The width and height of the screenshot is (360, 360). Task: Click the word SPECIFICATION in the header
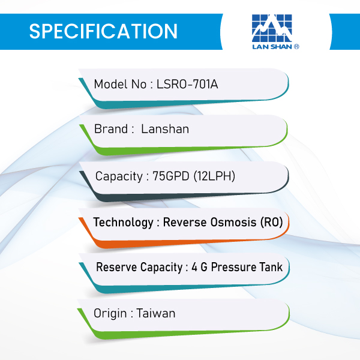coord(103,31)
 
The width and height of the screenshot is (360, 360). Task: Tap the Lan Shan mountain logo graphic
coord(272,28)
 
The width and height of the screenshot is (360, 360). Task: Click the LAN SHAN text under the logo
coord(272,47)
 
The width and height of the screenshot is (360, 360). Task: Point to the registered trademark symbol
coord(296,47)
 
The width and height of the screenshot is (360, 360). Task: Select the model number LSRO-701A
coord(187,84)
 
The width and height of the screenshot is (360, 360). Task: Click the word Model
coord(110,84)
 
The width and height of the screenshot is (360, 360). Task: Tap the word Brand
coord(111,129)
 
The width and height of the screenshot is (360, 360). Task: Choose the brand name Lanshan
coord(165,129)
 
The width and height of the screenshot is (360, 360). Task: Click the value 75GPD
coord(171,176)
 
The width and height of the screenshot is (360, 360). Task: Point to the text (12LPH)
coord(214,176)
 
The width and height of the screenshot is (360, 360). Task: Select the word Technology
coord(123,223)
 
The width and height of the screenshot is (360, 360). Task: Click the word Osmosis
coord(233,222)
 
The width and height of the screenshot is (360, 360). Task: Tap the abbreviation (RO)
coord(272,222)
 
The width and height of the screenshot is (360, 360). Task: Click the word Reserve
coord(116,267)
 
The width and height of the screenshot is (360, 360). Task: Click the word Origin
coord(110,314)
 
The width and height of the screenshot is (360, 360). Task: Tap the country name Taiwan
coord(156,313)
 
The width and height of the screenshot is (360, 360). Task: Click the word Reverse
coord(185,222)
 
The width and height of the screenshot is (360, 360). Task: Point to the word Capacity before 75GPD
coord(119,176)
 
